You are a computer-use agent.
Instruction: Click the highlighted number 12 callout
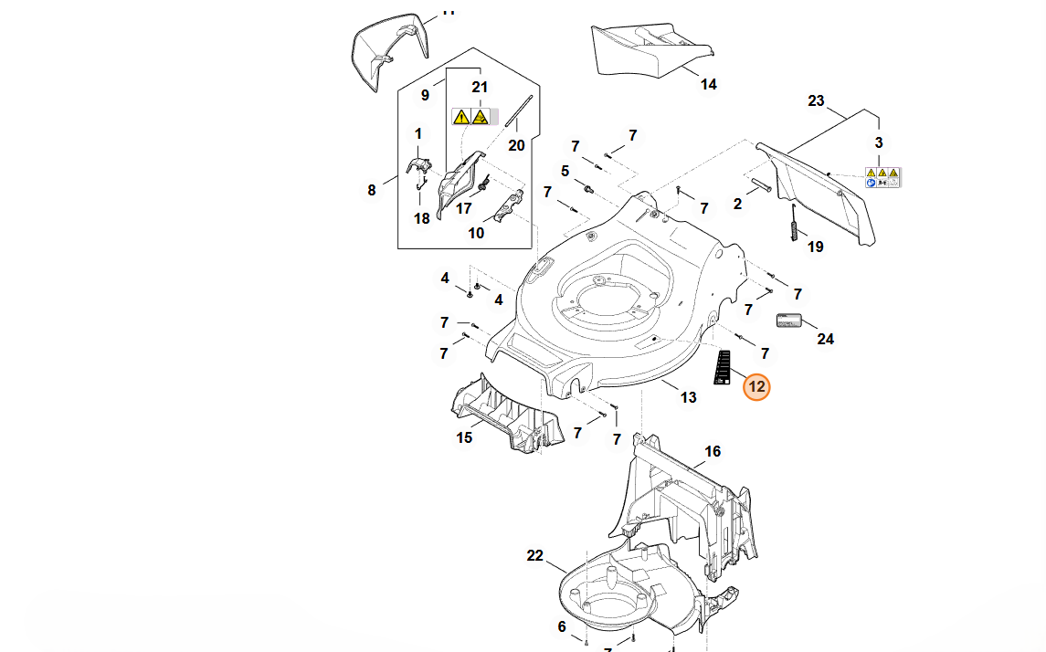pos(756,387)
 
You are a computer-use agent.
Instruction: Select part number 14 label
pos(708,85)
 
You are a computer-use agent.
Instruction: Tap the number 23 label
pos(816,101)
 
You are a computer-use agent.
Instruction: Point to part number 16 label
pos(713,451)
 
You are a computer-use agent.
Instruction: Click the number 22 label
pos(535,555)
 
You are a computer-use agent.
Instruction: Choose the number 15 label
pos(464,437)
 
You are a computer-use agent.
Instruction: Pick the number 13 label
pos(688,397)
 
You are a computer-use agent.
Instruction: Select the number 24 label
pos(825,339)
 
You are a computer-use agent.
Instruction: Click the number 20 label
pos(516,145)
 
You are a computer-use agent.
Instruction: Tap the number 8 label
pos(372,190)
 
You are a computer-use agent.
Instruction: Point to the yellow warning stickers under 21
pos(471,117)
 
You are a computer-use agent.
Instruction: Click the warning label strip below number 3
pos(882,177)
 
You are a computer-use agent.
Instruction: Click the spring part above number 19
pos(793,221)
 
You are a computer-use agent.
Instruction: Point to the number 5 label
pos(565,171)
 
